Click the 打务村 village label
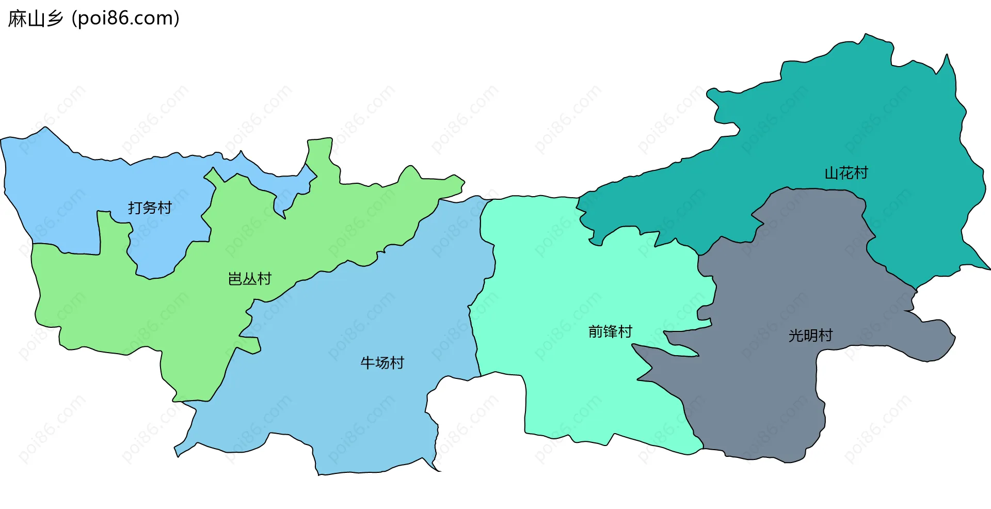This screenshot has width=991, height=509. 150,208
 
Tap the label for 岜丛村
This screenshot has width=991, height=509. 250,279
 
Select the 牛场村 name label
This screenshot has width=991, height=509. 382,363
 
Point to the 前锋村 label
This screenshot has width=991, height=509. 610,331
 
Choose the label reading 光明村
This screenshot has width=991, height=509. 810,336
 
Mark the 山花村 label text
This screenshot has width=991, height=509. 846,173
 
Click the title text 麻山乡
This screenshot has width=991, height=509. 36,19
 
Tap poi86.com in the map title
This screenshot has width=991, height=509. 125,19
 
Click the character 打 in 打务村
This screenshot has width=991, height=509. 135,208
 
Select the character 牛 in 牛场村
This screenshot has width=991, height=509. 367,363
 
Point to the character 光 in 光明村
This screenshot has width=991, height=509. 796,336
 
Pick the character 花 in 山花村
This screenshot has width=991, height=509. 846,173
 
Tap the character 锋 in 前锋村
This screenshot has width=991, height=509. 610,331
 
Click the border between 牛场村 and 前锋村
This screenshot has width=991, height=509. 473,330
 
